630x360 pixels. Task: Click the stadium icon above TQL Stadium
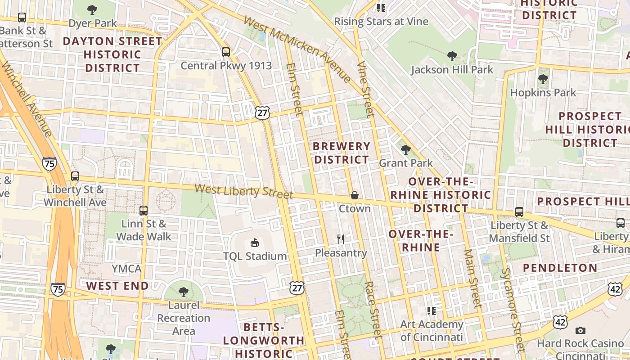(x=255, y=243)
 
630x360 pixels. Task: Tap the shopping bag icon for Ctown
(x=355, y=195)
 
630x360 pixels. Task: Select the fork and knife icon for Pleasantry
(x=341, y=239)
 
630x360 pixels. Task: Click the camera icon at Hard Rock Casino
(x=580, y=331)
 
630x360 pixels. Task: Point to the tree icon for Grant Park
(x=405, y=150)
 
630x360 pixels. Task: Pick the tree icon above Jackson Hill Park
(x=452, y=56)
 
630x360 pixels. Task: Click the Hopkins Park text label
(x=543, y=93)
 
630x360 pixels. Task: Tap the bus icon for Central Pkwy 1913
(x=226, y=52)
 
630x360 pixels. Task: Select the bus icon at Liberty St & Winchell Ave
(x=75, y=176)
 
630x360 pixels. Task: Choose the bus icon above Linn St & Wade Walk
(x=144, y=210)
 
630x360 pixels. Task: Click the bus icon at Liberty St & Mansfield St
(x=519, y=212)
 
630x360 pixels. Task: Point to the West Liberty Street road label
(x=243, y=191)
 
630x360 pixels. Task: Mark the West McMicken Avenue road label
(x=297, y=49)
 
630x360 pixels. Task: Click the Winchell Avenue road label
(x=27, y=99)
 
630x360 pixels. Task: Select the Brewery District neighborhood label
(x=342, y=153)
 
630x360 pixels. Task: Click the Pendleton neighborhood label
(x=560, y=268)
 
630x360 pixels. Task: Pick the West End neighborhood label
(x=117, y=286)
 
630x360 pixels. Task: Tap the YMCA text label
(x=126, y=269)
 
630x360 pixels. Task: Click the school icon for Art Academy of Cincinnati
(x=432, y=310)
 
